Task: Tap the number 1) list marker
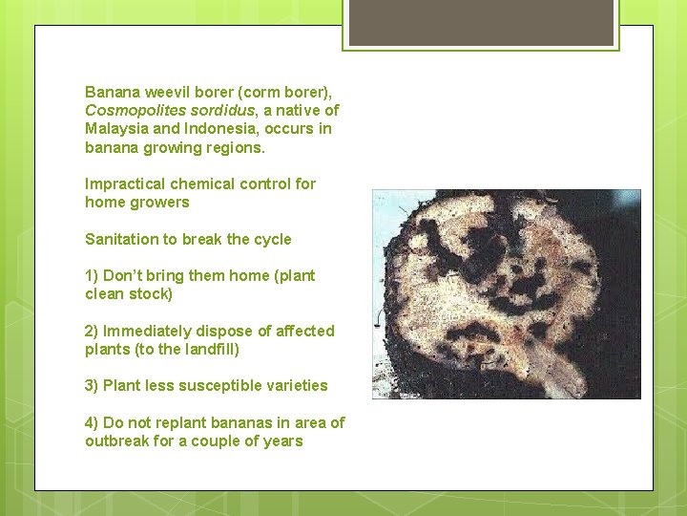pos(92,276)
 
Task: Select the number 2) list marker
pos(92,332)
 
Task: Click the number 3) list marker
pos(92,386)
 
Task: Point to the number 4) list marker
pos(92,423)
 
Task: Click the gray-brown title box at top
pos(481,23)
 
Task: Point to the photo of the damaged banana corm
pos(507,294)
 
